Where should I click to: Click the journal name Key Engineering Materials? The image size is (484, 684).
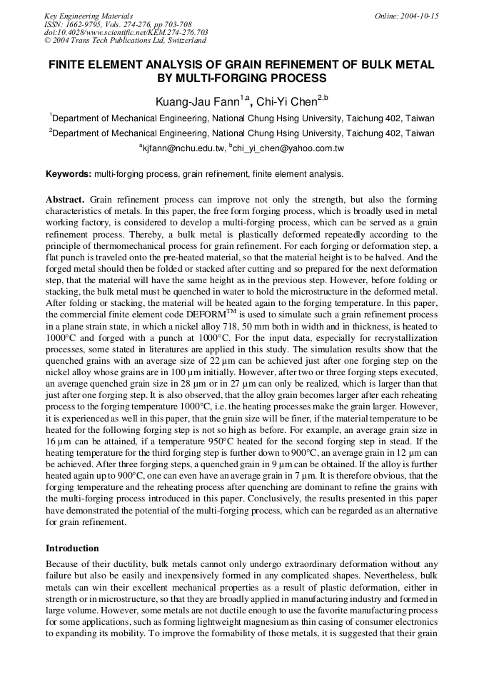point(88,15)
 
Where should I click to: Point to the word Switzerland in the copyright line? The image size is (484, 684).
point(180,41)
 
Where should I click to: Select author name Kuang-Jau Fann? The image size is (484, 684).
point(196,101)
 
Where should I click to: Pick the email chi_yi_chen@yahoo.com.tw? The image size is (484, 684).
point(288,149)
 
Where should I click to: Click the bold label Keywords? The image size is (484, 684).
point(69,174)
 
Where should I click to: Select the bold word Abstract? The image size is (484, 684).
point(65,199)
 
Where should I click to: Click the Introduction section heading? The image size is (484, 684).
point(72,548)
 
